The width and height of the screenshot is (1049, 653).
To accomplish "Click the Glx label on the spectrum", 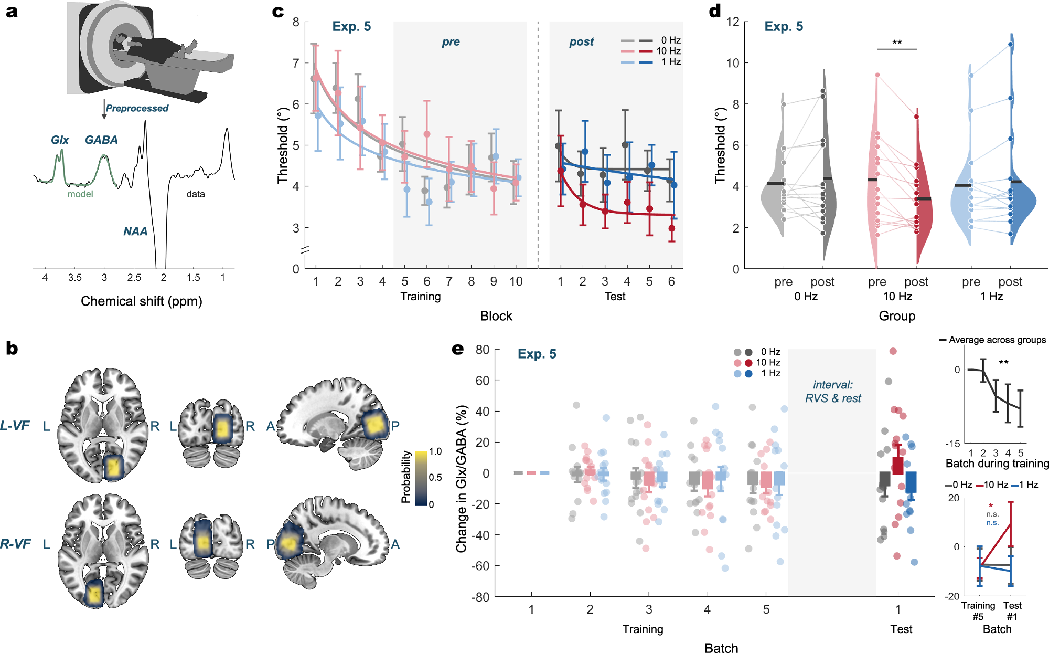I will [x=60, y=140].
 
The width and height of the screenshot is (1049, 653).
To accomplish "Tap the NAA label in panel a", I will [x=135, y=231].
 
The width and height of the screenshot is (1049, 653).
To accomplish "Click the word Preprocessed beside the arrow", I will [x=137, y=108].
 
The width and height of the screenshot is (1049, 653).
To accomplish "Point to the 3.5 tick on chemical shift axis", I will [x=74, y=278].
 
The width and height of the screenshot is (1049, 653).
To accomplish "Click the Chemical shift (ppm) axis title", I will [x=141, y=301].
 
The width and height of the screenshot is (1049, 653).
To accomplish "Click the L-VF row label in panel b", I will [x=15, y=426].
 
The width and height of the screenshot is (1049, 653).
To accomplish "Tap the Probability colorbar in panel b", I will [x=421, y=478].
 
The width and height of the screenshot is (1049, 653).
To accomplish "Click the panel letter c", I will [x=278, y=12].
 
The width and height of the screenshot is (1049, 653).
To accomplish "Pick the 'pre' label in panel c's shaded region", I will [x=451, y=42].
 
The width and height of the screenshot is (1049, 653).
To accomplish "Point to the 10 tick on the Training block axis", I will [x=516, y=282].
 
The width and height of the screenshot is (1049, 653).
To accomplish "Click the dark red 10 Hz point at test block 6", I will [x=671, y=228].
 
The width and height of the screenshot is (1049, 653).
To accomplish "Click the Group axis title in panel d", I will [x=897, y=316].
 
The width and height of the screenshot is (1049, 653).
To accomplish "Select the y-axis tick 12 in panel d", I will [x=732, y=22].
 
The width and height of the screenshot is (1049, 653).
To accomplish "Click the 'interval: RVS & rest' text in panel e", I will [x=833, y=392].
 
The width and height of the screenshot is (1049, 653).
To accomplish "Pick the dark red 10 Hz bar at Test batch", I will [x=898, y=465].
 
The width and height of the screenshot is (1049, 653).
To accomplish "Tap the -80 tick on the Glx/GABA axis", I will [x=481, y=597].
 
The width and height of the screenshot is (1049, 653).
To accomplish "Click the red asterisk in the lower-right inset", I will [x=990, y=506].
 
